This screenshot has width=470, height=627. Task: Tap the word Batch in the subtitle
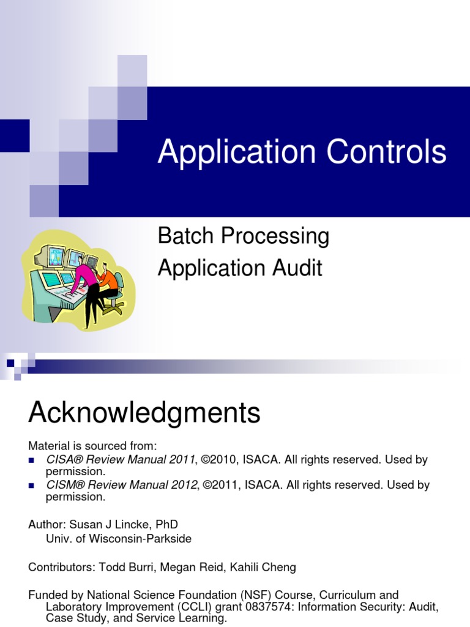pos(184,236)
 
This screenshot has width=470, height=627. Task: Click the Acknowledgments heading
pos(144,414)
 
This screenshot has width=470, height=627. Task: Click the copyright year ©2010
pos(222,459)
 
